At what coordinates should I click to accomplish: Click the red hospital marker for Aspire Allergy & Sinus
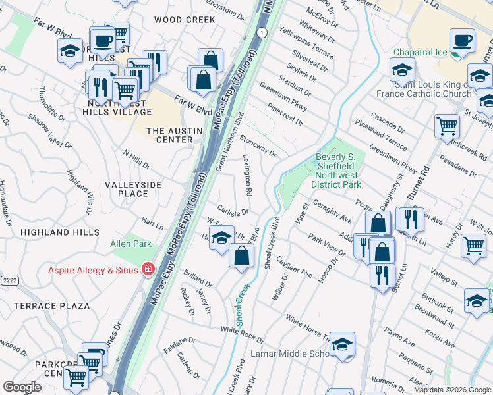[148, 270]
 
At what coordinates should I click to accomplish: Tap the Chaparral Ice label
[420, 53]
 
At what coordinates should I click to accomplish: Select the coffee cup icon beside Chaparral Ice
[462, 40]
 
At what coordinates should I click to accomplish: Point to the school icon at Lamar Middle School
[342, 345]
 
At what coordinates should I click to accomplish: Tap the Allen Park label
[130, 244]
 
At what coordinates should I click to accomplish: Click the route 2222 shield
[9, 280]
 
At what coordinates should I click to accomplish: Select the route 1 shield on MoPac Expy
[262, 32]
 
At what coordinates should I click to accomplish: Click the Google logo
[22, 387]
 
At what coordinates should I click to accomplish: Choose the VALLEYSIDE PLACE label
[133, 189]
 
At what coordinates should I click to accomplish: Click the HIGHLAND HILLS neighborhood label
[55, 232]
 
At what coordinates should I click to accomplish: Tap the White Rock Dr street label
[241, 335]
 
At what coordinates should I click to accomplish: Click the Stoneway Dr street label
[258, 145]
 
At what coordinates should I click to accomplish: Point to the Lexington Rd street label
[248, 175]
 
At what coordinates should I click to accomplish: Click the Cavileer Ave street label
[294, 267]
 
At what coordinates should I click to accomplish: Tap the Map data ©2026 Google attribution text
[452, 390]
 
